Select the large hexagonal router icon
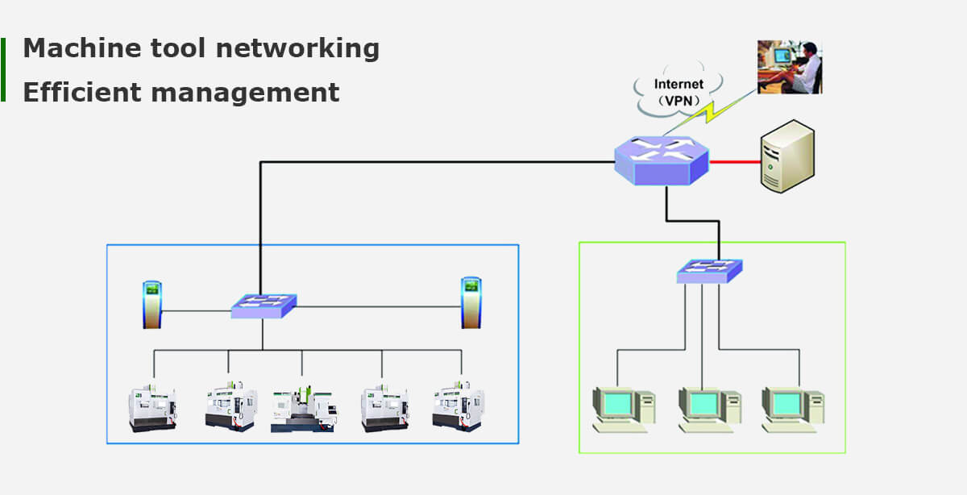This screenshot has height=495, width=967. coord(662,160)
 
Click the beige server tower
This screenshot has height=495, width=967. coord(787,156)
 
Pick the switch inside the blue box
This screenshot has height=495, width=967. coord(264,306)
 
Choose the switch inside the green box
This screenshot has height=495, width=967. coord(709,271)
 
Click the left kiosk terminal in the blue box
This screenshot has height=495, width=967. coord(152,304)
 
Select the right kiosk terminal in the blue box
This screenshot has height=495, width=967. coord(471,302)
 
